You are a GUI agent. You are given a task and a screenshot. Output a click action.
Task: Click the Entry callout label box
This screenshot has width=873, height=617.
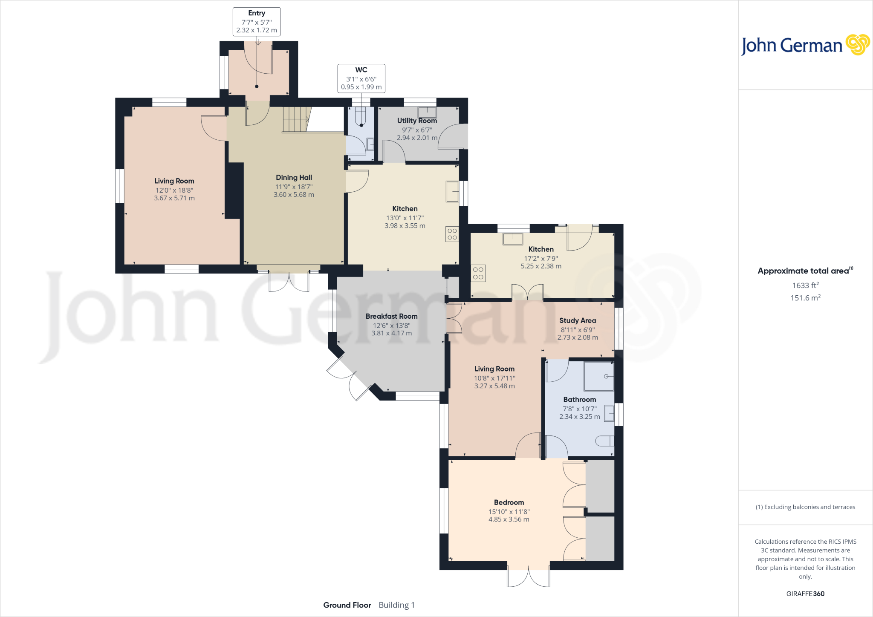pyautogui.click(x=257, y=22)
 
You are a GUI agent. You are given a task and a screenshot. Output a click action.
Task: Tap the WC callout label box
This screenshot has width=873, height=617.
pyautogui.click(x=361, y=78)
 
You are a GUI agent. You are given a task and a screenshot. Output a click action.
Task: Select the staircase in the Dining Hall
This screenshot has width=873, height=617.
pyautogui.click(x=295, y=119)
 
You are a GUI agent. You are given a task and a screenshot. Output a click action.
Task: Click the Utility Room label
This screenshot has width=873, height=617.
pyautogui.click(x=417, y=121)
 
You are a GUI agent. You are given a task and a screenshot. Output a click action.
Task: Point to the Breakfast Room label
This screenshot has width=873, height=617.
pyautogui.click(x=391, y=316)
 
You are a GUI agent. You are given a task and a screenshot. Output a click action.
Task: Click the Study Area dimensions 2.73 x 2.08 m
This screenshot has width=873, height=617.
pyautogui.click(x=578, y=337)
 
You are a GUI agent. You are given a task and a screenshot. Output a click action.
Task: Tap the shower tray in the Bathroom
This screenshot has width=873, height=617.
pyautogui.click(x=598, y=376)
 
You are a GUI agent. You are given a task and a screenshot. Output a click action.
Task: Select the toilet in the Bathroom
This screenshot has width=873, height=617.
pyautogui.click(x=605, y=441)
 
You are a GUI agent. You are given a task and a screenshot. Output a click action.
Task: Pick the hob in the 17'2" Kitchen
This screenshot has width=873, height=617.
pyautogui.click(x=478, y=274)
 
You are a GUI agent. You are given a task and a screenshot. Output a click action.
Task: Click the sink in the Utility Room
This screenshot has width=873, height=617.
pyautogui.click(x=427, y=112)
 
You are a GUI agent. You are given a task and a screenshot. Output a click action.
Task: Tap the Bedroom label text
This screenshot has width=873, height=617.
pyautogui.click(x=509, y=502)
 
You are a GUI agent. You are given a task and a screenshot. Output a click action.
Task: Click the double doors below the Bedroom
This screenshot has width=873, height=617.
pyautogui.click(x=528, y=577)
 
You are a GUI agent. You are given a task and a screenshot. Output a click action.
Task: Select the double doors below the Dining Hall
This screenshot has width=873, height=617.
pyautogui.click(x=289, y=281)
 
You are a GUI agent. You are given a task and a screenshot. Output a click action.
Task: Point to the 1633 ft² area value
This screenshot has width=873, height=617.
pyautogui.click(x=805, y=285)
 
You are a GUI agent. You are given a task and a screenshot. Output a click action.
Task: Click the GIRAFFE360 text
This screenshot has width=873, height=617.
pyautogui.click(x=805, y=594)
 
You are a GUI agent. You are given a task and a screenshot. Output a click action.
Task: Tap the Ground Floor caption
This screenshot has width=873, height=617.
pyautogui.click(x=347, y=605)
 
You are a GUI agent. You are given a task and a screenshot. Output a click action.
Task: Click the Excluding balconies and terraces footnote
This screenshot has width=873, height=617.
pyautogui.click(x=805, y=507)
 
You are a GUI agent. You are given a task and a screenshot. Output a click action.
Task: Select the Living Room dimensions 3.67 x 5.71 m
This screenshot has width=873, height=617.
pyautogui.click(x=174, y=198)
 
